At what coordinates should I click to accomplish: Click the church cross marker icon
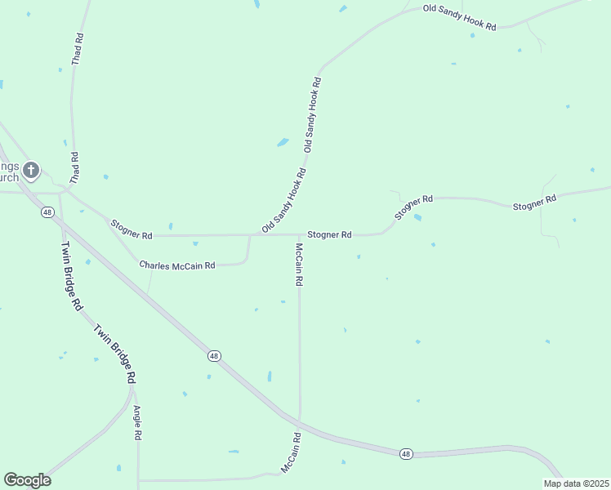[x=31, y=170]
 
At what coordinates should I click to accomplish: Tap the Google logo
[x=27, y=480]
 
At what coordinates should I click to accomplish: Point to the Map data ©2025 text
[x=575, y=483]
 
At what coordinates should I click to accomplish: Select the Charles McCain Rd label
[x=177, y=265]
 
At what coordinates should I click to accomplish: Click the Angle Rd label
[x=137, y=424]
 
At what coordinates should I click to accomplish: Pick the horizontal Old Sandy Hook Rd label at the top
[x=459, y=17]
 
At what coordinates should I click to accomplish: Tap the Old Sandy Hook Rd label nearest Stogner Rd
[x=284, y=200]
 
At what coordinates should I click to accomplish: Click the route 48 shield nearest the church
[x=47, y=212]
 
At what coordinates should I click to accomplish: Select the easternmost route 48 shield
[x=406, y=453]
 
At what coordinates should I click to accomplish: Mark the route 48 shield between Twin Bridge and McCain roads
[x=214, y=356]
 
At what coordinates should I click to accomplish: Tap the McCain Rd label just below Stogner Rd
[x=299, y=264]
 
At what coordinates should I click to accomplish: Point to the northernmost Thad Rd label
[x=78, y=49]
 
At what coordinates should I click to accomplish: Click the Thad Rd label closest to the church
[x=75, y=167]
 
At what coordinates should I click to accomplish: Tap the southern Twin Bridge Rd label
[x=114, y=354]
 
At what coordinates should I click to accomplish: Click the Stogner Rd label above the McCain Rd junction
[x=329, y=234]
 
